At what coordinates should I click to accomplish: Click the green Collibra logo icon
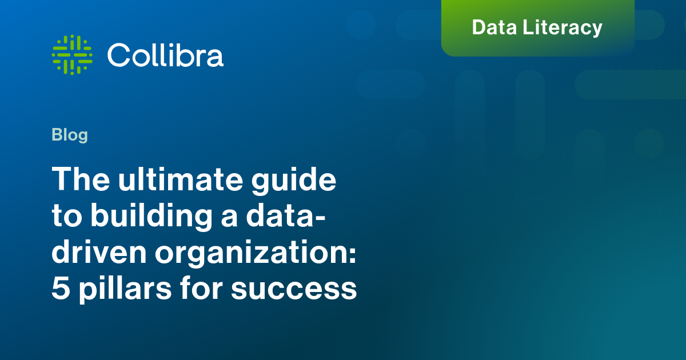[x=72, y=55]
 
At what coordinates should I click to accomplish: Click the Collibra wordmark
[x=165, y=55]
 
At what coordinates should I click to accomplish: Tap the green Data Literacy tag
[x=537, y=27]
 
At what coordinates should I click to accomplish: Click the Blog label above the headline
[x=70, y=135]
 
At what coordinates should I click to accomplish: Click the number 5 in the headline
[x=59, y=290]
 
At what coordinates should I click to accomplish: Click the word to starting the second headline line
[x=66, y=218]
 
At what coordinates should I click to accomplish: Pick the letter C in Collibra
[x=119, y=55]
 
